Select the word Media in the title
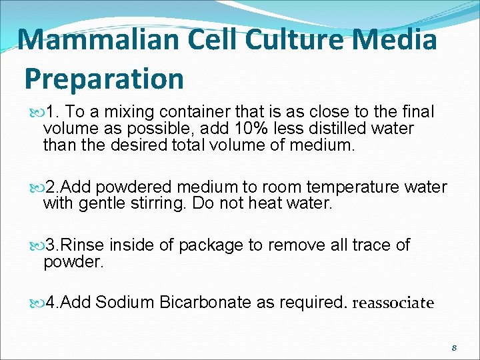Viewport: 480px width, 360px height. click(399, 39)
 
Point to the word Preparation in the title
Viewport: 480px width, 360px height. click(104, 79)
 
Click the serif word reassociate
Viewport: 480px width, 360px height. click(393, 303)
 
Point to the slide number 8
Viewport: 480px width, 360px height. click(454, 348)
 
